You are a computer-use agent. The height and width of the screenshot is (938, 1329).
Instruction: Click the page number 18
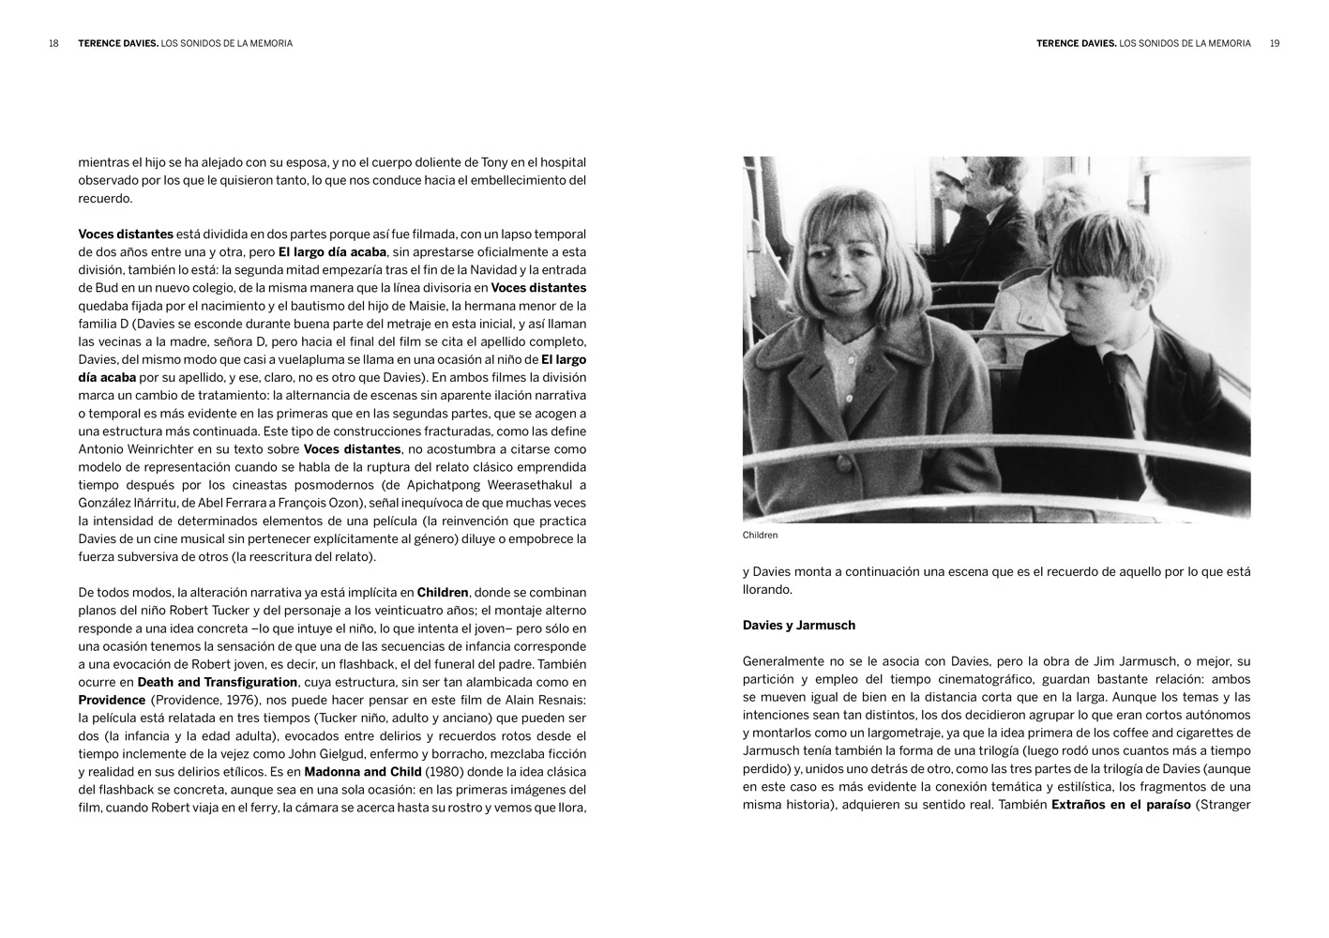pos(53,43)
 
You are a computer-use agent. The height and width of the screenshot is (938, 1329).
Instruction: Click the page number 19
pos(1275,43)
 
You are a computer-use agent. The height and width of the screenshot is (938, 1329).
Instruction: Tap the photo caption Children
pos(760,536)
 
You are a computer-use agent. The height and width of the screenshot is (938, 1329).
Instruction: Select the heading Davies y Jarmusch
pos(798,626)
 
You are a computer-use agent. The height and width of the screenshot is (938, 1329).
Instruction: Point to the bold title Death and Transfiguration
pos(218,682)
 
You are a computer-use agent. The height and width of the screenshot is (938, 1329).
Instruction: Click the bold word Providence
pos(112,700)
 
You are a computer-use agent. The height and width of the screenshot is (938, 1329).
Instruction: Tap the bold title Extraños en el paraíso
pos(1121,805)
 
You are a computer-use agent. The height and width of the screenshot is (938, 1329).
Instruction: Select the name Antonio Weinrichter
pos(139,449)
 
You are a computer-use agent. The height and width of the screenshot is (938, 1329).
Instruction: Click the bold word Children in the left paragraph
pos(443,593)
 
